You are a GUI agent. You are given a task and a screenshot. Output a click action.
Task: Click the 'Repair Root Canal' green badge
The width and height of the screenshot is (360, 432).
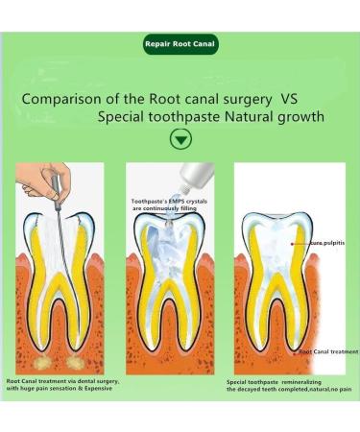click(180, 44)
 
